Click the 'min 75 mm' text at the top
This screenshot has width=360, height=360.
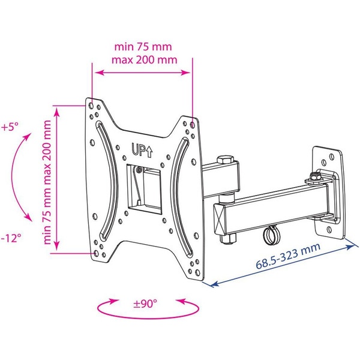pos(143,47)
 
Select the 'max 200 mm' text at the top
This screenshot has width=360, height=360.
pos(145,59)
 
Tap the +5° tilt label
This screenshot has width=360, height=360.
pos(10,127)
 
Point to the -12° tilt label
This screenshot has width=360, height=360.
pos(11,238)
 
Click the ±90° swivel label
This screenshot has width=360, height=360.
pos(145,304)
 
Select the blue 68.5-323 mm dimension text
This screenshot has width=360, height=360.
pos(288,256)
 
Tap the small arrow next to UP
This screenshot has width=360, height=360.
pos(149,152)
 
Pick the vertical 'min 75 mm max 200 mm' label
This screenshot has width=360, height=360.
pos(47,182)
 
